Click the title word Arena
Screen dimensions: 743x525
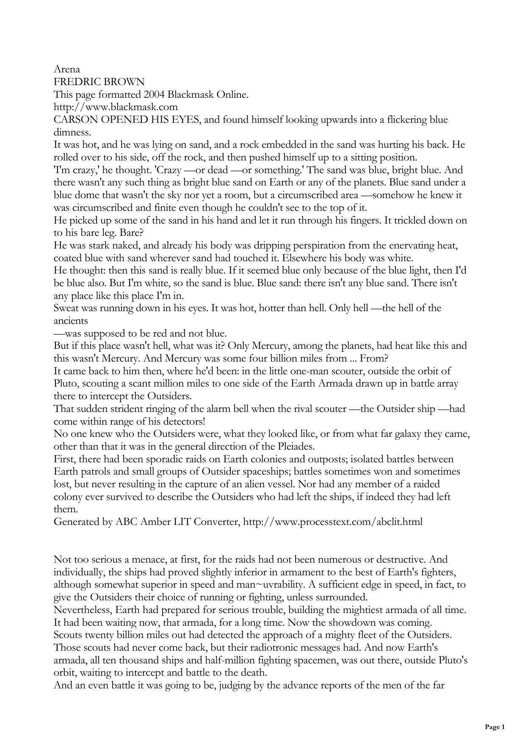[66, 69]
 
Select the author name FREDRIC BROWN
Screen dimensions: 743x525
[99, 82]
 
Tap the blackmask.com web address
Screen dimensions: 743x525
[116, 107]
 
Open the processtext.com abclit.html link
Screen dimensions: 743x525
[332, 522]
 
